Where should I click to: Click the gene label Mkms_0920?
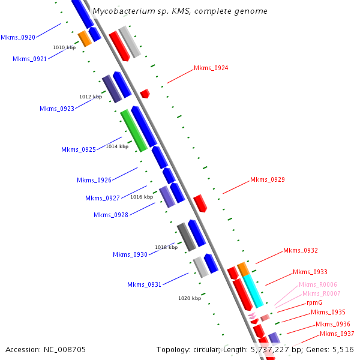pyautogui.click(x=18, y=37)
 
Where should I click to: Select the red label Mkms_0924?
pyautogui.click(x=211, y=68)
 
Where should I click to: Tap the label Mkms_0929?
pyautogui.click(x=268, y=179)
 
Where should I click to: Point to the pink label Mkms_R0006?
pyautogui.click(x=318, y=284)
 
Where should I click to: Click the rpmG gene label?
pyautogui.click(x=314, y=302)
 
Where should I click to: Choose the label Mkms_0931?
pyautogui.click(x=144, y=284)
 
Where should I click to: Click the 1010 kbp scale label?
pyautogui.click(x=64, y=47)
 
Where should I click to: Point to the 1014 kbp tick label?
pyautogui.click(x=117, y=146)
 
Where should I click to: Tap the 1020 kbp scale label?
pyautogui.click(x=190, y=298)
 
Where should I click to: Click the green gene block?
pyautogui.click(x=134, y=131)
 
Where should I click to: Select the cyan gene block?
pyautogui.click(x=253, y=291)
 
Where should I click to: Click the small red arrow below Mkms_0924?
pyautogui.click(x=145, y=94)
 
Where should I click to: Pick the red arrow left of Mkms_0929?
pyautogui.click(x=200, y=203)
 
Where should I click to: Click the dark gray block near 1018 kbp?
pyautogui.click(x=187, y=237)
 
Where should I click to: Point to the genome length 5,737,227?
pyautogui.click(x=270, y=350)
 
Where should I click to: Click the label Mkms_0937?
pyautogui.click(x=337, y=334)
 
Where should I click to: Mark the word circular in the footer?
pyautogui.click(x=206, y=349)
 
